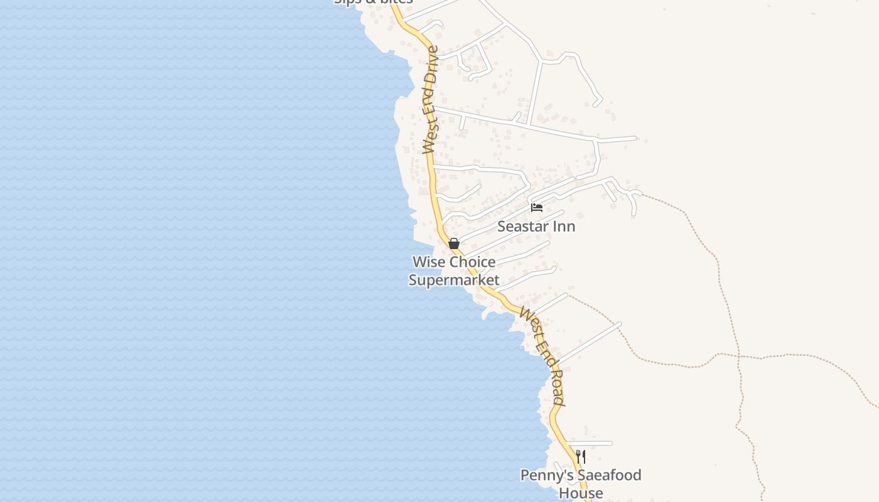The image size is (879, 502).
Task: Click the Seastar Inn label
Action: point(536,226)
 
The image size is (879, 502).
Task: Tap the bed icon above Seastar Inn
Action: point(537,207)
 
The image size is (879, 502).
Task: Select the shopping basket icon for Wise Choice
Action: point(454,243)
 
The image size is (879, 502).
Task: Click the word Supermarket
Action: point(454,280)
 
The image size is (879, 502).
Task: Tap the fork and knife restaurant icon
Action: point(581,457)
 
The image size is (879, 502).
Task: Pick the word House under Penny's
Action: point(581,493)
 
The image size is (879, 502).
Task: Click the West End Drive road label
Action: point(430,100)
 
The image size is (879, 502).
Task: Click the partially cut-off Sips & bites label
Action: point(374,2)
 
